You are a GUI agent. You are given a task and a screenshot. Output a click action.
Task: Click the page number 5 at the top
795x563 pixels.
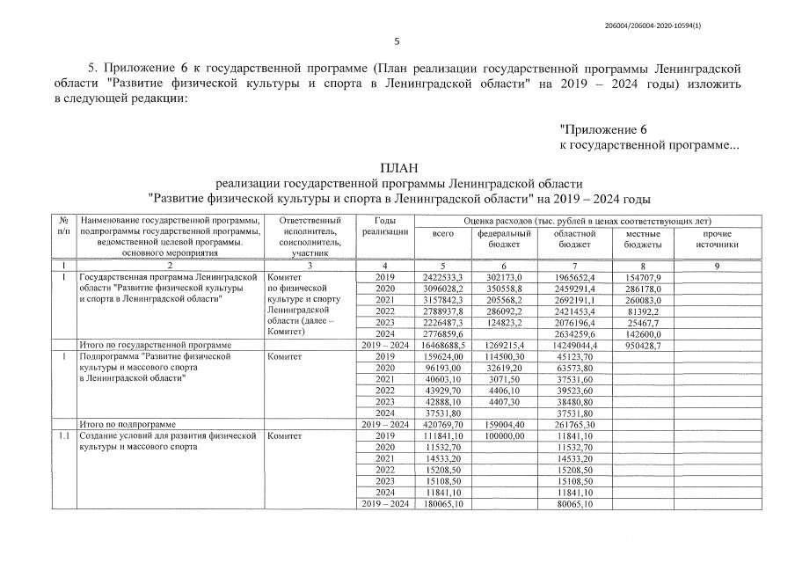pos(397,41)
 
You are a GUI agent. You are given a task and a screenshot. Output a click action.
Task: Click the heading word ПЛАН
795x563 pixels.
pos(398,167)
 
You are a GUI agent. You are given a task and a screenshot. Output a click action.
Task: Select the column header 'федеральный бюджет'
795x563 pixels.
pos(505,238)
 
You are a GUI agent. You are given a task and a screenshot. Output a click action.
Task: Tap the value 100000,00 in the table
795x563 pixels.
pos(505,435)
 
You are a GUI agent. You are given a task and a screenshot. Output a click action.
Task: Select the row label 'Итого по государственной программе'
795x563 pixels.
pos(155,346)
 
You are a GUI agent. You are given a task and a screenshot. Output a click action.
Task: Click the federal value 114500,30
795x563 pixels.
pos(505,357)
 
